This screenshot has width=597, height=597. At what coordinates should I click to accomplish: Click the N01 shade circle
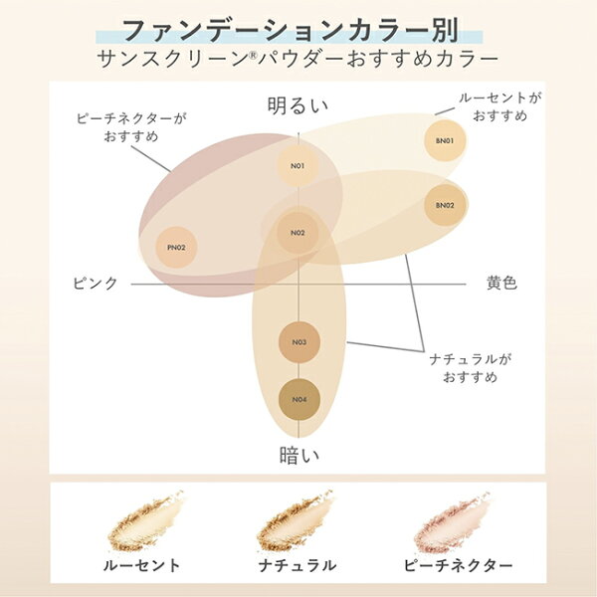click(x=298, y=166)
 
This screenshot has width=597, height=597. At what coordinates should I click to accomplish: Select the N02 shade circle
click(x=298, y=233)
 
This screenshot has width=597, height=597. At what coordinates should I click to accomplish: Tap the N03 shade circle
click(x=299, y=342)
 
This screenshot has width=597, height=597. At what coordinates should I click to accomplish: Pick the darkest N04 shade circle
click(x=299, y=400)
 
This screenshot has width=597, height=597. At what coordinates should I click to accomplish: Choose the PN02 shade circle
click(x=176, y=248)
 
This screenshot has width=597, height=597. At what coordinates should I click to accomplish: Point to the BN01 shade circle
click(x=445, y=141)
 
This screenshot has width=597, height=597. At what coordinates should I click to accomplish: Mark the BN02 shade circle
click(x=445, y=206)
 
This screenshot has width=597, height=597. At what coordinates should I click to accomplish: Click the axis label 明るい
click(x=298, y=105)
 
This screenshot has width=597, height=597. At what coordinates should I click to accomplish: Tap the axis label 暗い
click(x=299, y=456)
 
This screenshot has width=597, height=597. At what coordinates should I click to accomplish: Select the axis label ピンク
click(x=96, y=284)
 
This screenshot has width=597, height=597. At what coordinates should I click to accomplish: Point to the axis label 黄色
click(x=501, y=283)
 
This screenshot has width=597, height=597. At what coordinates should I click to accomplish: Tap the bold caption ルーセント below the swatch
click(x=141, y=565)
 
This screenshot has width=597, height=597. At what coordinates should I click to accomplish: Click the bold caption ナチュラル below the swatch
click(x=297, y=565)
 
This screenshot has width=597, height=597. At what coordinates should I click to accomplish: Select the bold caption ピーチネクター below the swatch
click(x=458, y=565)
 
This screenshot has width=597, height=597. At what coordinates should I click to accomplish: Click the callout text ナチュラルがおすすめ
click(x=471, y=368)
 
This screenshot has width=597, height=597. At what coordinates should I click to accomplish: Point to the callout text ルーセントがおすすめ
click(x=499, y=106)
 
